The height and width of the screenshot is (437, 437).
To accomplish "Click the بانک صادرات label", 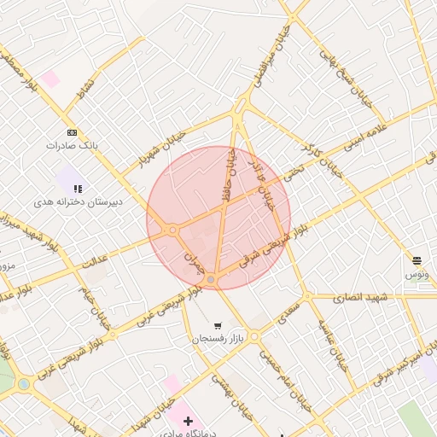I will click(x=72, y=146).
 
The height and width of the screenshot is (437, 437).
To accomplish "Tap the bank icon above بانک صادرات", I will click(x=72, y=132).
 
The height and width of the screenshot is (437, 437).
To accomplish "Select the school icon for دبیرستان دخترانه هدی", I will click(x=78, y=188).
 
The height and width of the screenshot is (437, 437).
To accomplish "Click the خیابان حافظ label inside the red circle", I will click(x=229, y=172).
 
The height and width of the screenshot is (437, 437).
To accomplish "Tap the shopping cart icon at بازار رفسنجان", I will click(x=218, y=325).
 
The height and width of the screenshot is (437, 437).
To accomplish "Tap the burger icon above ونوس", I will click(x=417, y=260).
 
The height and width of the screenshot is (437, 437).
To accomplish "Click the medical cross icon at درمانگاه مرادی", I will click(x=188, y=421).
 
